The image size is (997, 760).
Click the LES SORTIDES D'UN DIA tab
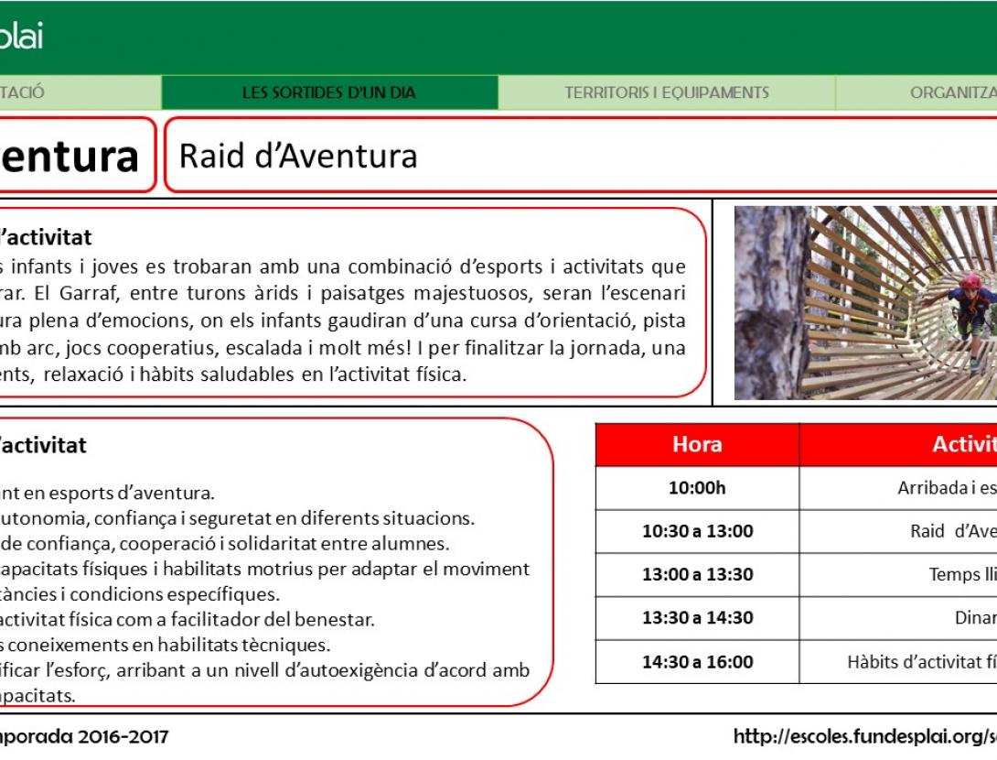pos(328,92)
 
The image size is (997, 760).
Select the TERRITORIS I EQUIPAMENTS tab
pos(666,92)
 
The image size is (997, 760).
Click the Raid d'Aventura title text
pos(298,156)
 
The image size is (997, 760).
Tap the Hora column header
pos(697,444)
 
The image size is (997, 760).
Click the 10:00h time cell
pos(697,488)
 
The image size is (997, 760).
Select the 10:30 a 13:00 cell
pos(697,531)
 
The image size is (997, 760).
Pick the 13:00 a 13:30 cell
pos(697,575)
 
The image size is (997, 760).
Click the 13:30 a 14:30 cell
pos(697,618)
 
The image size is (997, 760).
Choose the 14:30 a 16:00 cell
pos(697,662)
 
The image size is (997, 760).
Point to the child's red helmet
pos(970,281)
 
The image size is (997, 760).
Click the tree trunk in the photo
pos(768,302)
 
